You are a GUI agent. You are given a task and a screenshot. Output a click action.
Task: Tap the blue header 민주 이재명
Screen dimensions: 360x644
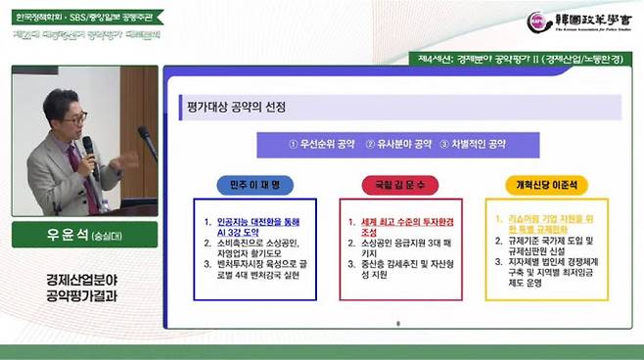253,184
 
